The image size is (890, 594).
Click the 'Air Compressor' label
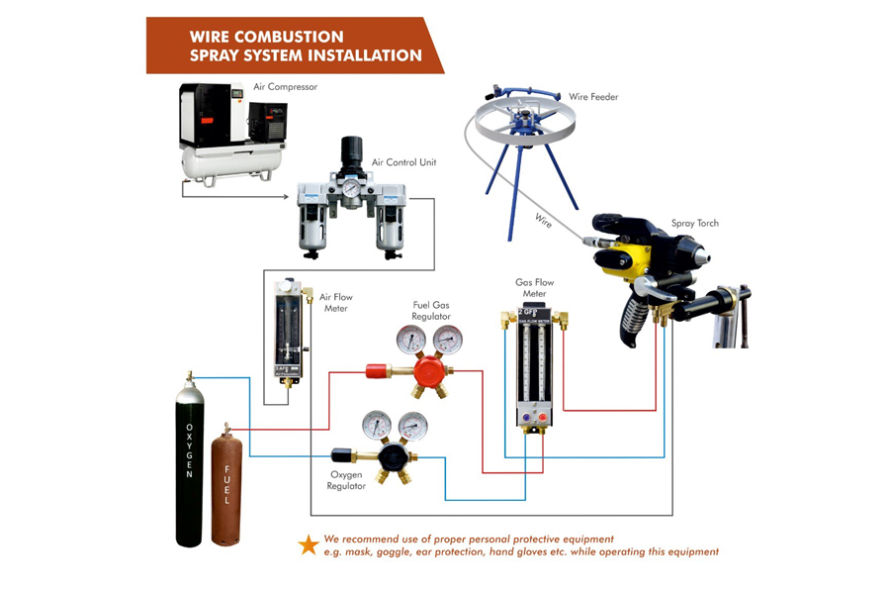[285, 87]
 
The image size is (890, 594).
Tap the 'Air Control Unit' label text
[403, 162]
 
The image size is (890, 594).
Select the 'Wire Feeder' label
[593, 97]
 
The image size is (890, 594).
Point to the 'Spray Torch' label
[695, 224]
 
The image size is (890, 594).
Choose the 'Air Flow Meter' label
[335, 302]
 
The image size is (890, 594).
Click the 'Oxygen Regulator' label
[347, 480]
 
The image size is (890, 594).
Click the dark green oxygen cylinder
[189, 465]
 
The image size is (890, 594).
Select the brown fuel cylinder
[226, 485]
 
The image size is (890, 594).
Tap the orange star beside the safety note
[309, 544]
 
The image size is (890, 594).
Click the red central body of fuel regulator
[427, 373]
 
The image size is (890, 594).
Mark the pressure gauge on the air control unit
[352, 188]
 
